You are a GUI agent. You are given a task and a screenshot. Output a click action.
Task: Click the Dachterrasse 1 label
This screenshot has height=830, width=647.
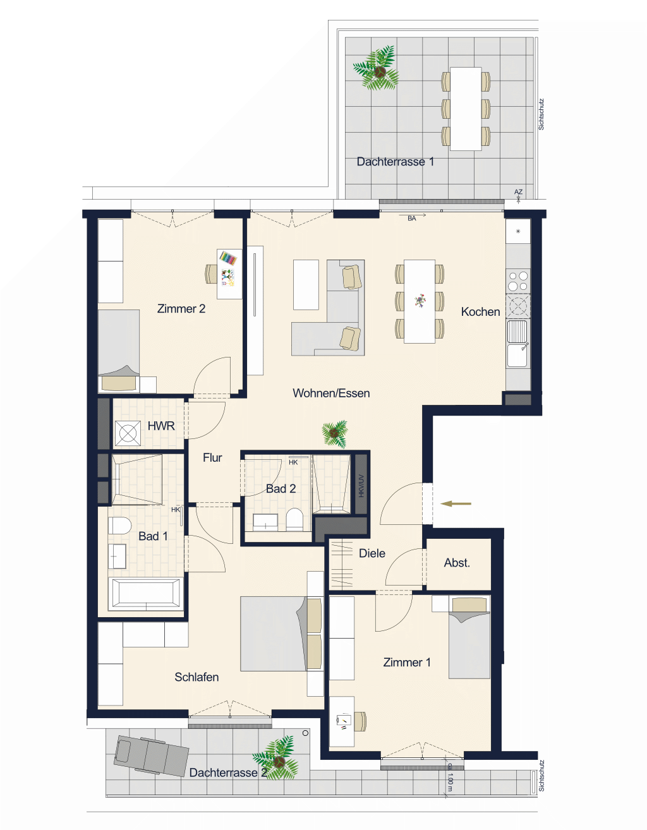pyautogui.click(x=395, y=162)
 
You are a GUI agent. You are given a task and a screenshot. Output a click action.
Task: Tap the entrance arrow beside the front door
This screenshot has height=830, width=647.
pyautogui.click(x=456, y=504)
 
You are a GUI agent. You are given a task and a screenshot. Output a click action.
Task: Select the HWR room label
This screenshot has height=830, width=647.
pyautogui.click(x=160, y=426)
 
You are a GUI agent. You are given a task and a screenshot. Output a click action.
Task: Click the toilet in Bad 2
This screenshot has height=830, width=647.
pyautogui.click(x=294, y=519)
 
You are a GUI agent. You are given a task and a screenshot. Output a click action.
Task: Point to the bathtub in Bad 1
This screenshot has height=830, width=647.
pyautogui.click(x=145, y=594)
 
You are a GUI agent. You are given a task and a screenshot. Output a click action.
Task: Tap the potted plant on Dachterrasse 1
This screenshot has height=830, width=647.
pyautogui.click(x=376, y=69)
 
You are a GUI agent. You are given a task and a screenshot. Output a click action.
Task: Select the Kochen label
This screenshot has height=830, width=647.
pyautogui.click(x=480, y=311)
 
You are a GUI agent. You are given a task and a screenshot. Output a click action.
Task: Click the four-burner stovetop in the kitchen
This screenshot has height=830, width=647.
pyautogui.click(x=518, y=280)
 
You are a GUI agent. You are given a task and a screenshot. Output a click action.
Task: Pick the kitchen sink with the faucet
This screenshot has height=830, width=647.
pyautogui.click(x=518, y=344)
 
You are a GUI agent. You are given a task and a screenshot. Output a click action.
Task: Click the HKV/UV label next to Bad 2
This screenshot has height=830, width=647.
pyautogui.click(x=361, y=486)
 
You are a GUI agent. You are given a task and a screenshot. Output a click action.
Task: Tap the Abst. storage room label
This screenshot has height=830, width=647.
pyautogui.click(x=457, y=563)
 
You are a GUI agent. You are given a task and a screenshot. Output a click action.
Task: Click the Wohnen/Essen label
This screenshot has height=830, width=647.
pyautogui.click(x=331, y=393)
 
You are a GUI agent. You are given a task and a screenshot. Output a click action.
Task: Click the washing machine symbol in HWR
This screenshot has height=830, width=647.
pyautogui.click(x=128, y=433)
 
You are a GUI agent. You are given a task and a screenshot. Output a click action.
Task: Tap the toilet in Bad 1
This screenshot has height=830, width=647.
pyautogui.click(x=119, y=526)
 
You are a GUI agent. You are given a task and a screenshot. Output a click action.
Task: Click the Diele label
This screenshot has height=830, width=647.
pyautogui.click(x=372, y=553)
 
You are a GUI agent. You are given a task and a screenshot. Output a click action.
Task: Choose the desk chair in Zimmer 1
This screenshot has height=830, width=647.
pyautogui.click(x=360, y=721)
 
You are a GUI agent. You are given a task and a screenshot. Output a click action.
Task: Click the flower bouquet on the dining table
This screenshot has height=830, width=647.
pyautogui.click(x=420, y=301)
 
